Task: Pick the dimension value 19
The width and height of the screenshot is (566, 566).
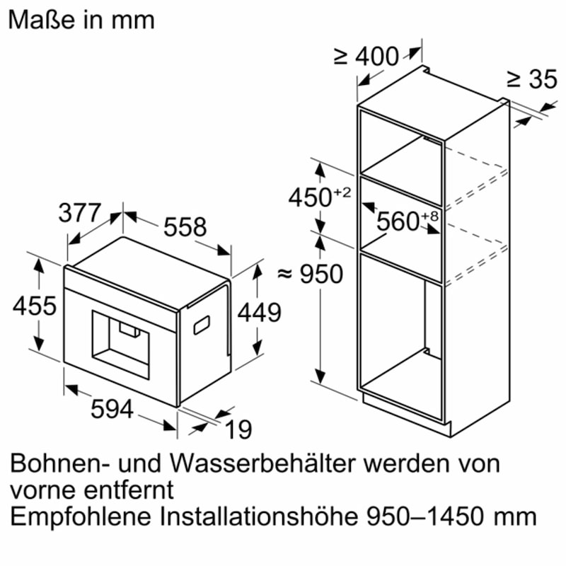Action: pos(238,429)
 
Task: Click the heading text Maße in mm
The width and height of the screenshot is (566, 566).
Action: pos(81,19)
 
